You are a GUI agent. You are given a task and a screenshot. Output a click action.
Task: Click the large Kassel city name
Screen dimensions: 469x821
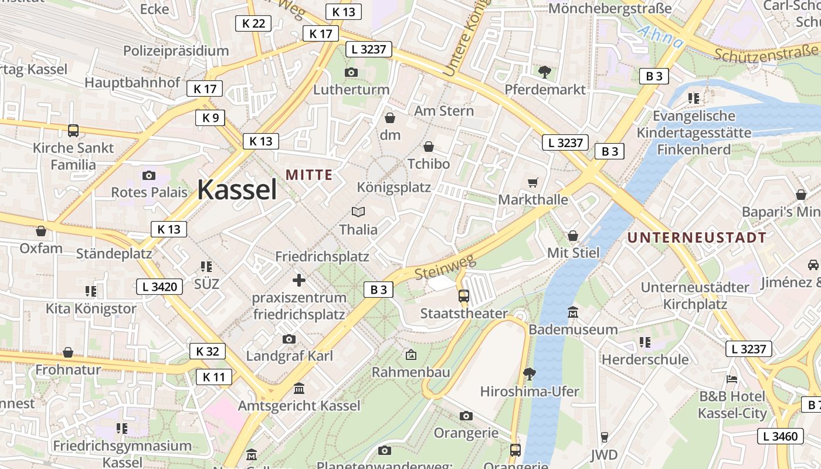pyautogui.click(x=237, y=189)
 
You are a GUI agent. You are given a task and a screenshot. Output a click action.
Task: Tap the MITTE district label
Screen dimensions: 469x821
pyautogui.click(x=309, y=175)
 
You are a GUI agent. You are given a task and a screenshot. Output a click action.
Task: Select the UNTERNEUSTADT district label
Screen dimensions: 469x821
pyautogui.click(x=697, y=237)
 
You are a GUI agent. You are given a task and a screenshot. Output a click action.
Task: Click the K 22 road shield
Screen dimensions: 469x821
pyautogui.click(x=253, y=23)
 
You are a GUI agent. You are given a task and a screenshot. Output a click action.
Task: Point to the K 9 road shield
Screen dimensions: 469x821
pyautogui.click(x=210, y=118)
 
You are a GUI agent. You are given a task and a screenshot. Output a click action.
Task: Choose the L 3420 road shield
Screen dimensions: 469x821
pyautogui.click(x=160, y=286)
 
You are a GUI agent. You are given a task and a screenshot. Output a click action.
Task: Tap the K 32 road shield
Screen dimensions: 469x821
pyautogui.click(x=208, y=351)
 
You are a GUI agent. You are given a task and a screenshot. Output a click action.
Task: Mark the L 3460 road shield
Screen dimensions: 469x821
pyautogui.click(x=781, y=436)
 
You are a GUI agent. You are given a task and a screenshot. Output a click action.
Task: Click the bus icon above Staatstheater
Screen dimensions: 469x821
pyautogui.click(x=464, y=295)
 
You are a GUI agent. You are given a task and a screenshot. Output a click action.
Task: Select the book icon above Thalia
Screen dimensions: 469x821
pyautogui.click(x=358, y=212)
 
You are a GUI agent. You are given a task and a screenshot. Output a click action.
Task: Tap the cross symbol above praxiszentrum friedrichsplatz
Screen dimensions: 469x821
pyautogui.click(x=299, y=280)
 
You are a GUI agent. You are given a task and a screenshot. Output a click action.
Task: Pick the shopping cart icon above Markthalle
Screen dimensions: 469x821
pyautogui.click(x=532, y=183)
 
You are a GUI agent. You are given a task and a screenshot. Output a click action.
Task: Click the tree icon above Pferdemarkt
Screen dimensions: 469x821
pyautogui.click(x=545, y=72)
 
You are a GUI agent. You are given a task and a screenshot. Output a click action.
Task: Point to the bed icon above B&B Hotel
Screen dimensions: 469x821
pyautogui.click(x=731, y=379)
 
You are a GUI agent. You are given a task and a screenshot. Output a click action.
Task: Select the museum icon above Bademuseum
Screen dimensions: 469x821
pyautogui.click(x=573, y=312)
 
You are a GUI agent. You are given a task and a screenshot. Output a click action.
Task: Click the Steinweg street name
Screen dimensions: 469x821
pyautogui.click(x=445, y=267)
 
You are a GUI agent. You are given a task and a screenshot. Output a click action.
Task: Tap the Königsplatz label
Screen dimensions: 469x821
pyautogui.click(x=394, y=188)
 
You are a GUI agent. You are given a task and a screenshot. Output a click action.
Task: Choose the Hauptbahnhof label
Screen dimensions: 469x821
pyautogui.click(x=132, y=83)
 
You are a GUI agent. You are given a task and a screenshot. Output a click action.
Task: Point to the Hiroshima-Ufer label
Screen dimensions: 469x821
pyautogui.click(x=530, y=391)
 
